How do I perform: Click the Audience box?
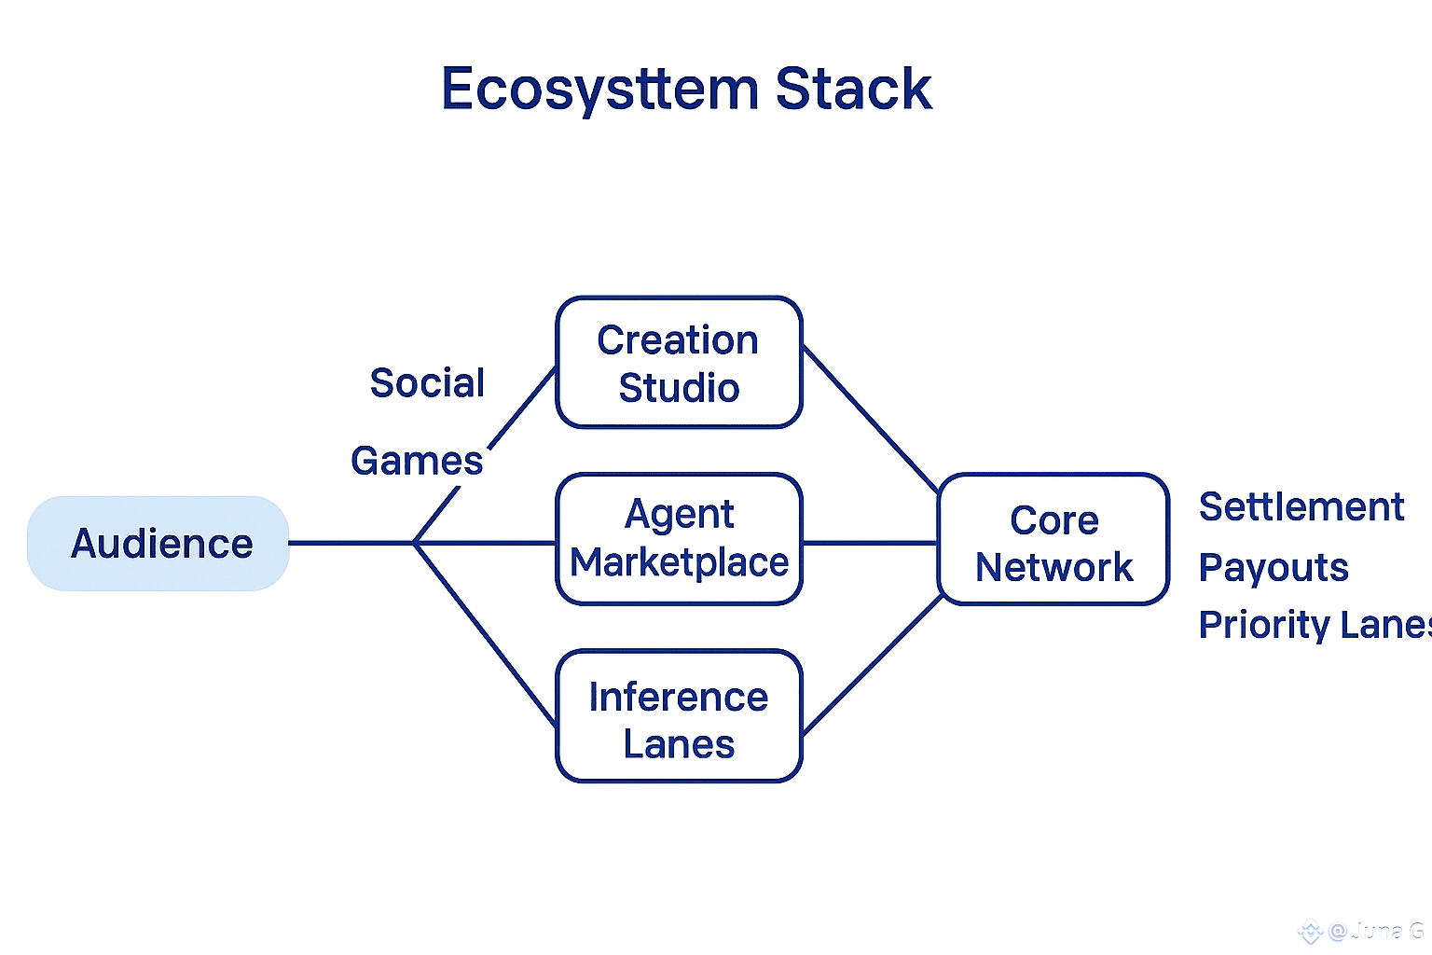point(158,543)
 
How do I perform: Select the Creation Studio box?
point(679,363)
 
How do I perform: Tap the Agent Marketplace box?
point(679,539)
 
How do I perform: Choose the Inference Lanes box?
point(679,716)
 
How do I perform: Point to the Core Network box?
point(1053,540)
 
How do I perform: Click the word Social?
point(427,383)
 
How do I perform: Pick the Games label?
point(417,461)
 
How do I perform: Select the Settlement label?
point(1301,507)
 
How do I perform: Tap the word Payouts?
point(1274,568)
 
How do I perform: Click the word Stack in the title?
point(853,90)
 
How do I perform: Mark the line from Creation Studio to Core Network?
point(869,418)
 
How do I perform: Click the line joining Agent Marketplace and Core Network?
point(869,543)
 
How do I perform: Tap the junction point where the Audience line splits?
point(415,543)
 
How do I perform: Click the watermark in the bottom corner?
point(1362,931)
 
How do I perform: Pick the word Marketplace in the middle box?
point(679,563)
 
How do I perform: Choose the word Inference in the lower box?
point(679,697)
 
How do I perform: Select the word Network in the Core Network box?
point(1053,567)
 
